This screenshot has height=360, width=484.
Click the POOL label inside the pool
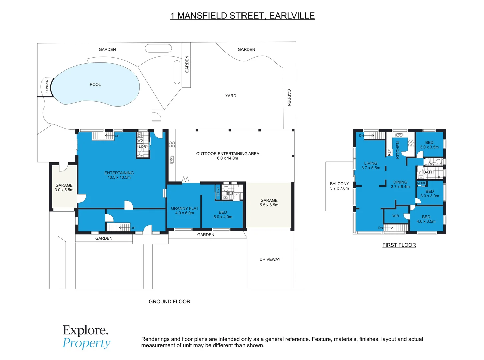[95, 85]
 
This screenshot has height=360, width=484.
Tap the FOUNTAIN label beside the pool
[47, 87]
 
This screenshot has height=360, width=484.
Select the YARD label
[231, 96]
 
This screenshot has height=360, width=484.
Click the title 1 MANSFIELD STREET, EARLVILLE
[243, 16]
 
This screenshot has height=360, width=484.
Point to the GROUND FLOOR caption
[169, 302]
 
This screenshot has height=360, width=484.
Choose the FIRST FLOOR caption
[399, 245]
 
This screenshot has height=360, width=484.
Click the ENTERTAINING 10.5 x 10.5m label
[119, 175]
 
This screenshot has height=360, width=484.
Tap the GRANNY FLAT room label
[185, 211]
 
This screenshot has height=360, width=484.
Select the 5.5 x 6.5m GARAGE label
[269, 203]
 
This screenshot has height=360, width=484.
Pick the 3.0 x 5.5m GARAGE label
[64, 188]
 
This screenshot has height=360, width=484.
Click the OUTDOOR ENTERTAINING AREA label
[227, 156]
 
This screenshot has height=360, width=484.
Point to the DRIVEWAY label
[270, 259]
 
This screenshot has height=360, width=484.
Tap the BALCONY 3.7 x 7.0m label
[339, 186]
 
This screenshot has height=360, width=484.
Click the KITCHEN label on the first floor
[398, 150]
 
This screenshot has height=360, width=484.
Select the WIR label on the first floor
[396, 216]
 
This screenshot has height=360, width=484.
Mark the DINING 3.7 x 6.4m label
[400, 185]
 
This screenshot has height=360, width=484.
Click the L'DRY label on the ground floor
[143, 147]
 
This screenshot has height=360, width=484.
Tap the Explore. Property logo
[86, 337]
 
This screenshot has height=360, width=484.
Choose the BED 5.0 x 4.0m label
[223, 215]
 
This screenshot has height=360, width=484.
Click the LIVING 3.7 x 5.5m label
[371, 166]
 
